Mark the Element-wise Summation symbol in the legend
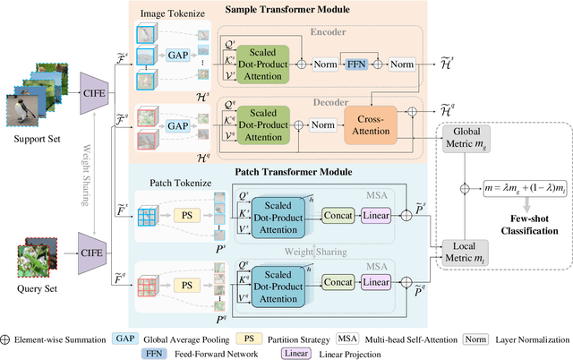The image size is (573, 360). pyautogui.click(x=11, y=340)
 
